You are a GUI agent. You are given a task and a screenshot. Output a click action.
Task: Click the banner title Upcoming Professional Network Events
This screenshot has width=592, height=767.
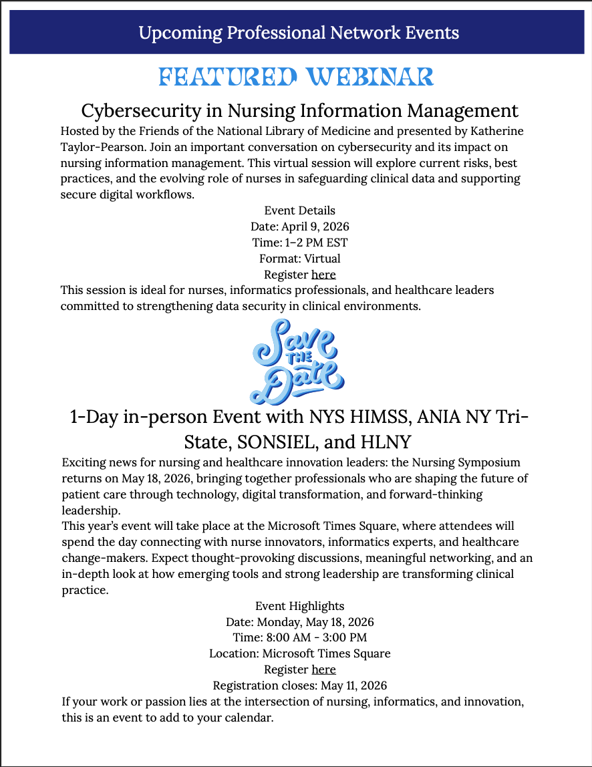[299, 32]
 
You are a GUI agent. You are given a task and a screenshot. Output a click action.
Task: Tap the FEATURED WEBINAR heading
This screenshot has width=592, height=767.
[296, 77]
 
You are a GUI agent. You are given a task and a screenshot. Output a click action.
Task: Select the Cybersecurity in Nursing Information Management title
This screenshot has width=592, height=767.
[299, 110]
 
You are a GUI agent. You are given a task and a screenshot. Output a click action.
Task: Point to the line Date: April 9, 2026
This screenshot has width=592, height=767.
[299, 226]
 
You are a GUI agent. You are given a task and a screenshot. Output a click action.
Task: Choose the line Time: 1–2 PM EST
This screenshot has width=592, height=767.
[299, 243]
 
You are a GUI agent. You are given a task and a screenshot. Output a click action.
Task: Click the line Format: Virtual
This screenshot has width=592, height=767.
[299, 259]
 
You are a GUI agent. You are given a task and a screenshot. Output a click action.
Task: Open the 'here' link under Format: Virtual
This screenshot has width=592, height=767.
[323, 275]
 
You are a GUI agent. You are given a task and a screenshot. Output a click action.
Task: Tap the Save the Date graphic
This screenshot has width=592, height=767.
[297, 362]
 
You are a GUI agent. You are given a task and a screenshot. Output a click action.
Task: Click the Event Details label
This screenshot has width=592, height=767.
[299, 210]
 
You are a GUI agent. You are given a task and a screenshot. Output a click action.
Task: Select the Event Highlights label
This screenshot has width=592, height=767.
[299, 606]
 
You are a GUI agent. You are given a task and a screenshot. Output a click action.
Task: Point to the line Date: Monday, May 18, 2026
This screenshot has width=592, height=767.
[299, 622]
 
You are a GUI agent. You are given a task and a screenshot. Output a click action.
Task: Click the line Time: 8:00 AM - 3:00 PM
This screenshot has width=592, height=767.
[299, 638]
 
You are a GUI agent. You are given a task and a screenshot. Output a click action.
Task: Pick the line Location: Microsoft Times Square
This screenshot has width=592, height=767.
[299, 653]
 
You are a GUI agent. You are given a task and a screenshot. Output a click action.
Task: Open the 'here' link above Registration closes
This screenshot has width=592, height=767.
[323, 669]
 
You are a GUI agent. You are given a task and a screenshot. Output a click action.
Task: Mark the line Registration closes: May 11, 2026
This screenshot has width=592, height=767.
[299, 685]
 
